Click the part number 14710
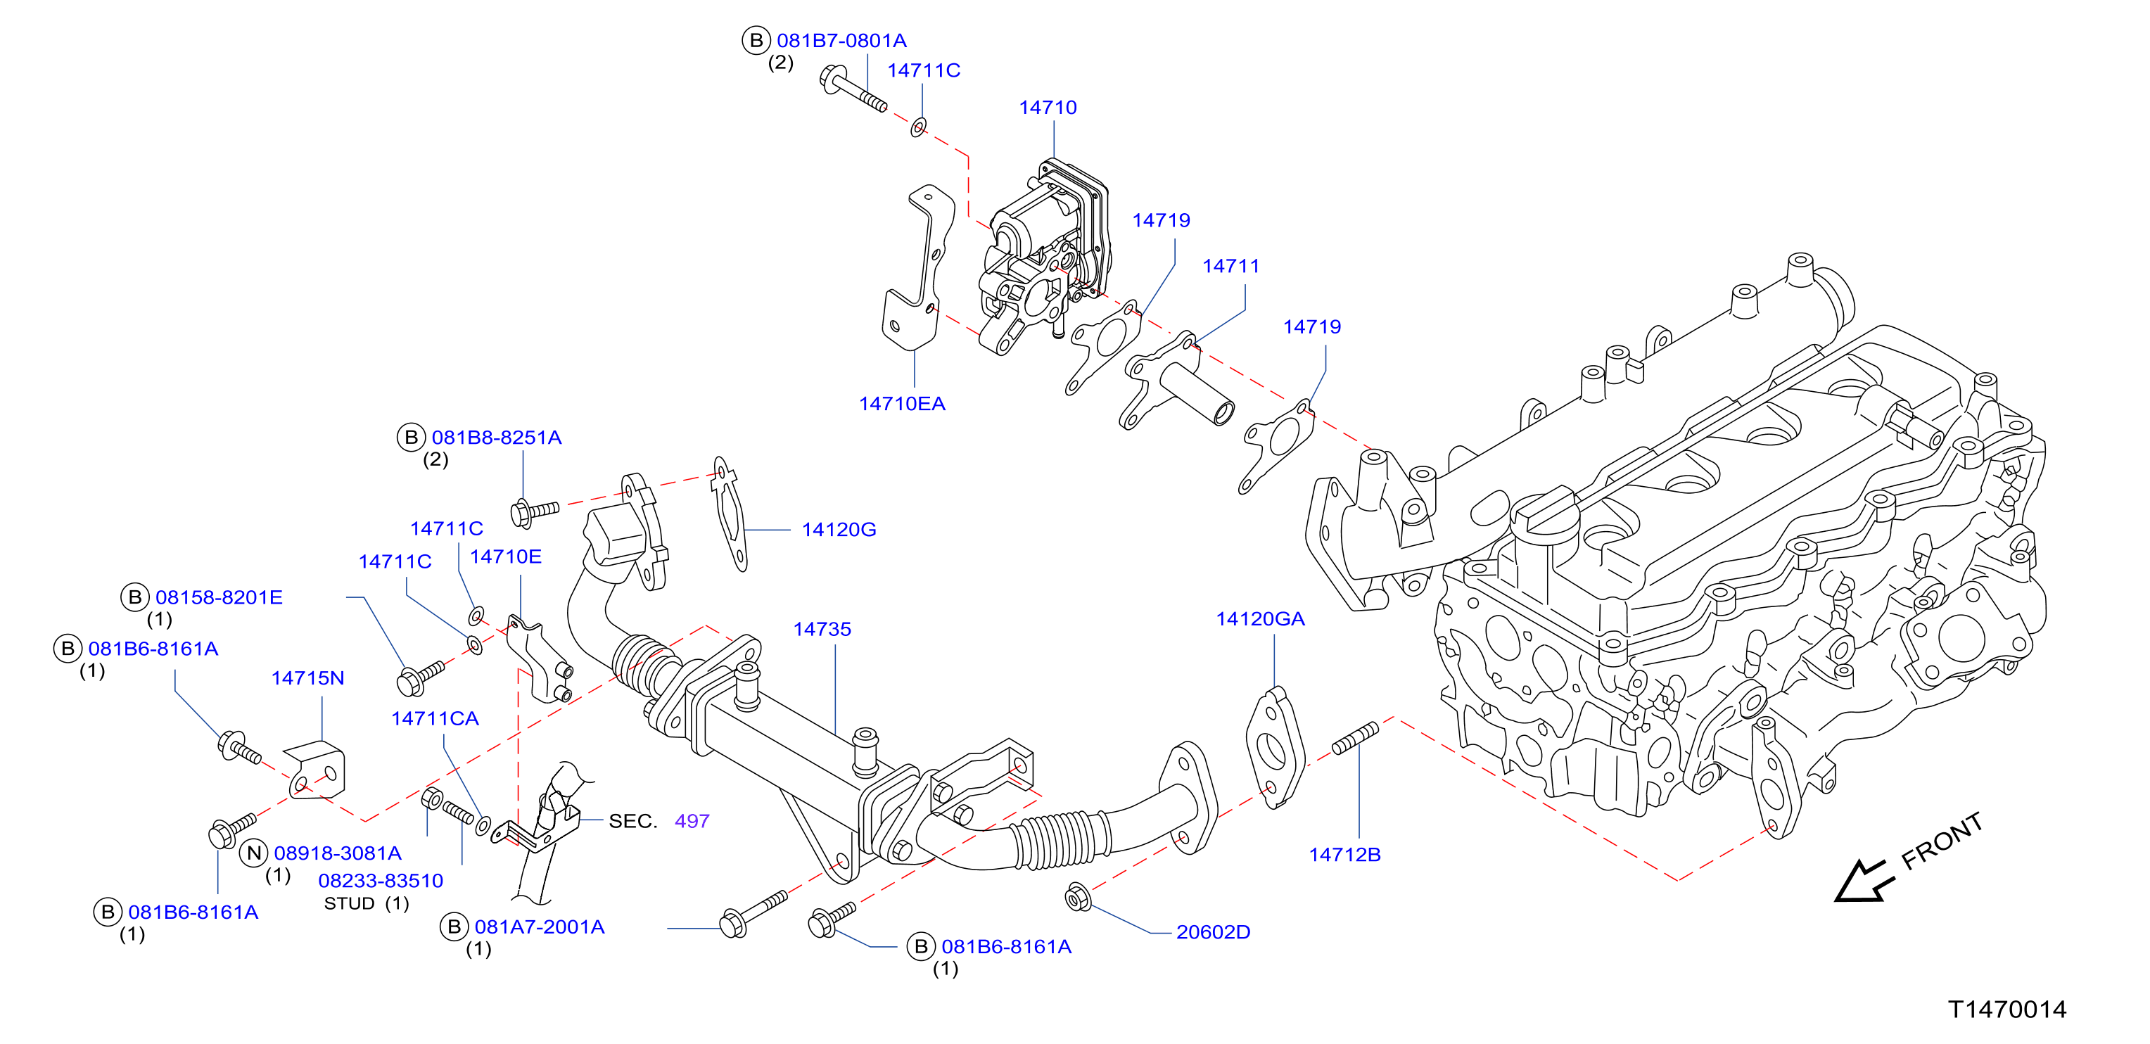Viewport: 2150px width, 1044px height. pos(1048,108)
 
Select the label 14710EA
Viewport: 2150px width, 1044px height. pos(902,404)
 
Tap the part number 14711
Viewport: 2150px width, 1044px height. pos(1231,266)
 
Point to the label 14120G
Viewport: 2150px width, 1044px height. pos(839,530)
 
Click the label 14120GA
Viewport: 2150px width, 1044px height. pos(1260,619)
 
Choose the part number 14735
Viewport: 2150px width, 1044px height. pos(822,629)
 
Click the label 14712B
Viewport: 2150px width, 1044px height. pos(1344,855)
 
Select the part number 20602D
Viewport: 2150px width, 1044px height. pos(1213,932)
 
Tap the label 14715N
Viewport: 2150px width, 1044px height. pos(308,678)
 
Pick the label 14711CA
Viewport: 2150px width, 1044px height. pos(435,718)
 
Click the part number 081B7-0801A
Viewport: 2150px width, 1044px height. pos(841,41)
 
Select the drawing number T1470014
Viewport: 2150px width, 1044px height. pos(2007,1010)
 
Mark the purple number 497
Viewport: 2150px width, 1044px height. pos(692,821)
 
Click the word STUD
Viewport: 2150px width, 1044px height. pos(349,904)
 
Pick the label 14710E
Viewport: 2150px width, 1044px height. pos(506,556)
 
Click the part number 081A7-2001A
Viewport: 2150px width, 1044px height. pos(539,927)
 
